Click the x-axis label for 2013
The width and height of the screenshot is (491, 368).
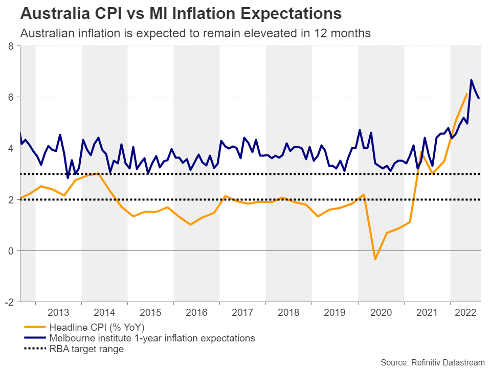[58, 313]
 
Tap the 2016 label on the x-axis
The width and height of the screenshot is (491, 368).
[196, 313]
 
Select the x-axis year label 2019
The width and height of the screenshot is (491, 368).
[335, 313]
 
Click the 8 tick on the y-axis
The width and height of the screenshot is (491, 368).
[10, 46]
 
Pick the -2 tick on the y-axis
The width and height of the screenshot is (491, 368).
[9, 302]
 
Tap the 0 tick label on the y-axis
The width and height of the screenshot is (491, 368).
[10, 250]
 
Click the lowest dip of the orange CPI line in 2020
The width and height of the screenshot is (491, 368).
[375, 260]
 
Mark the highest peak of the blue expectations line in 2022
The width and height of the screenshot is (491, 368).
[471, 80]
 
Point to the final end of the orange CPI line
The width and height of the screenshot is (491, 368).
[466, 94]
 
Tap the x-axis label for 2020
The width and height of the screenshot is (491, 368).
[381, 313]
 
